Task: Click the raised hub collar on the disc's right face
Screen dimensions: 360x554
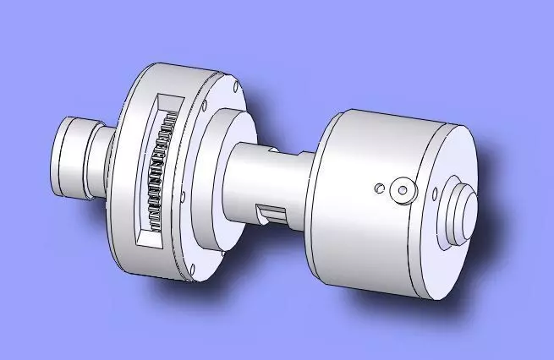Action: [222, 182]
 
